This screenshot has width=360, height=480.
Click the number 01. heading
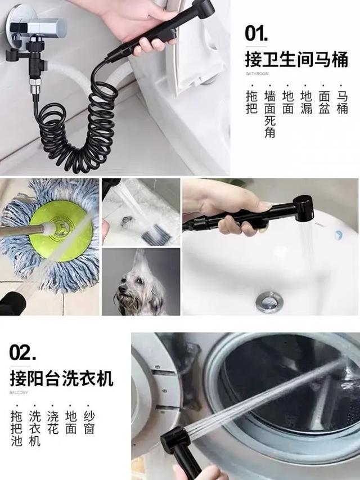(259, 33)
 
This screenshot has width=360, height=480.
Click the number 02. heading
(24, 352)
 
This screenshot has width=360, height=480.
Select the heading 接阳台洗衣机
(61, 378)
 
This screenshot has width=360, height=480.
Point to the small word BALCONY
(17, 392)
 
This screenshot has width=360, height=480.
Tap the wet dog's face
(131, 292)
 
